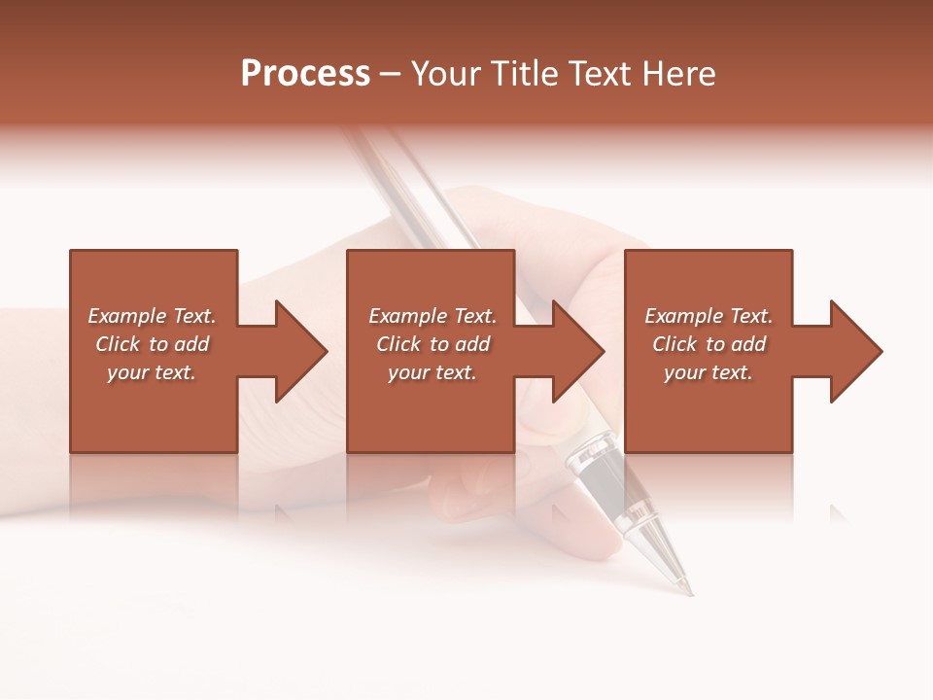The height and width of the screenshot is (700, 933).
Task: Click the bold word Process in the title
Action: [305, 74]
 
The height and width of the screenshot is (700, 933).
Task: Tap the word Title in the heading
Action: [525, 74]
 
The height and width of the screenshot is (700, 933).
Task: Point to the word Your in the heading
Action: [448, 74]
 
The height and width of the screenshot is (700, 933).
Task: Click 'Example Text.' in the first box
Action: [153, 316]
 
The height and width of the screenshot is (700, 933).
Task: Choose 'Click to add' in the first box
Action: [153, 344]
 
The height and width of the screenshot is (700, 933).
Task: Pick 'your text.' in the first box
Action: [152, 372]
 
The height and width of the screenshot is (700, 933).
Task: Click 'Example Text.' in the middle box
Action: [432, 316]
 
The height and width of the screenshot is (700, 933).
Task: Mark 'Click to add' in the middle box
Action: [432, 344]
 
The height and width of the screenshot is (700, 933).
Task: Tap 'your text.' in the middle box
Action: [432, 372]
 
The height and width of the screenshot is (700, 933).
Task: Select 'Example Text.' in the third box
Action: [708, 316]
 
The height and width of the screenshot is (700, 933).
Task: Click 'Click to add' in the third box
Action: [708, 344]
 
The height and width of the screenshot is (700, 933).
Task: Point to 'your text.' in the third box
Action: [708, 372]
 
